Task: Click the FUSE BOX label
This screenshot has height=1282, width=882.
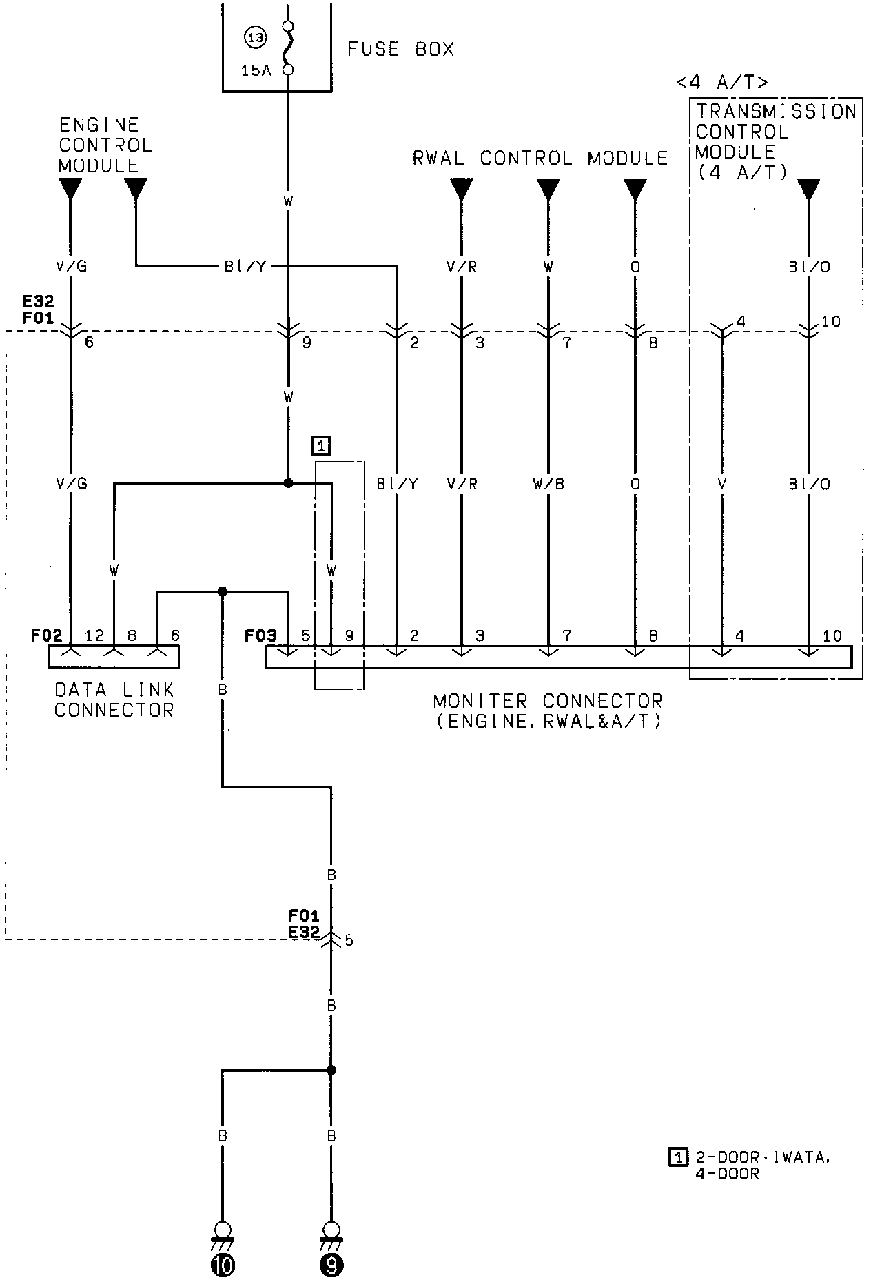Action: click(400, 50)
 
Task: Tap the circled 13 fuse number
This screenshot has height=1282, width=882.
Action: click(256, 37)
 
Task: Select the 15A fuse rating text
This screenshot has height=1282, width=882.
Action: click(256, 70)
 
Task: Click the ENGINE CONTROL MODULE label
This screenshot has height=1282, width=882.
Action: click(105, 145)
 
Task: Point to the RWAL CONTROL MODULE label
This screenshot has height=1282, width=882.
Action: click(540, 159)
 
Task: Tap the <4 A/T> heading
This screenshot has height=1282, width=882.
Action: click(722, 83)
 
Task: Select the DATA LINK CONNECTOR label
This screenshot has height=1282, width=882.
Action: click(114, 700)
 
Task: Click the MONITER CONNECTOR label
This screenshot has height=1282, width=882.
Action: click(548, 711)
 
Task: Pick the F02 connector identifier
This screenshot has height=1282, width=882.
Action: click(46, 635)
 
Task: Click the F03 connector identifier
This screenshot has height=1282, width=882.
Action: click(260, 635)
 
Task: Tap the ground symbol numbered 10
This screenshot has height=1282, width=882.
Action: click(223, 1265)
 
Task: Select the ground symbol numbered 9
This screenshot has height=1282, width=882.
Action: click(331, 1265)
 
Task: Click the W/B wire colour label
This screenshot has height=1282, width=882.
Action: click(548, 485)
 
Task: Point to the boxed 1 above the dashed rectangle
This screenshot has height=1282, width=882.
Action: click(321, 446)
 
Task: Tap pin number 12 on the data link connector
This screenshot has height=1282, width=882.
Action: click(94, 635)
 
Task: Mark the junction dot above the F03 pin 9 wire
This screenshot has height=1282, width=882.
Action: click(289, 483)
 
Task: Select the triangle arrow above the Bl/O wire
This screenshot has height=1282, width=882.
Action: click(809, 188)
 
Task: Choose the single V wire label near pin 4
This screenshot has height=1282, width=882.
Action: click(721, 485)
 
